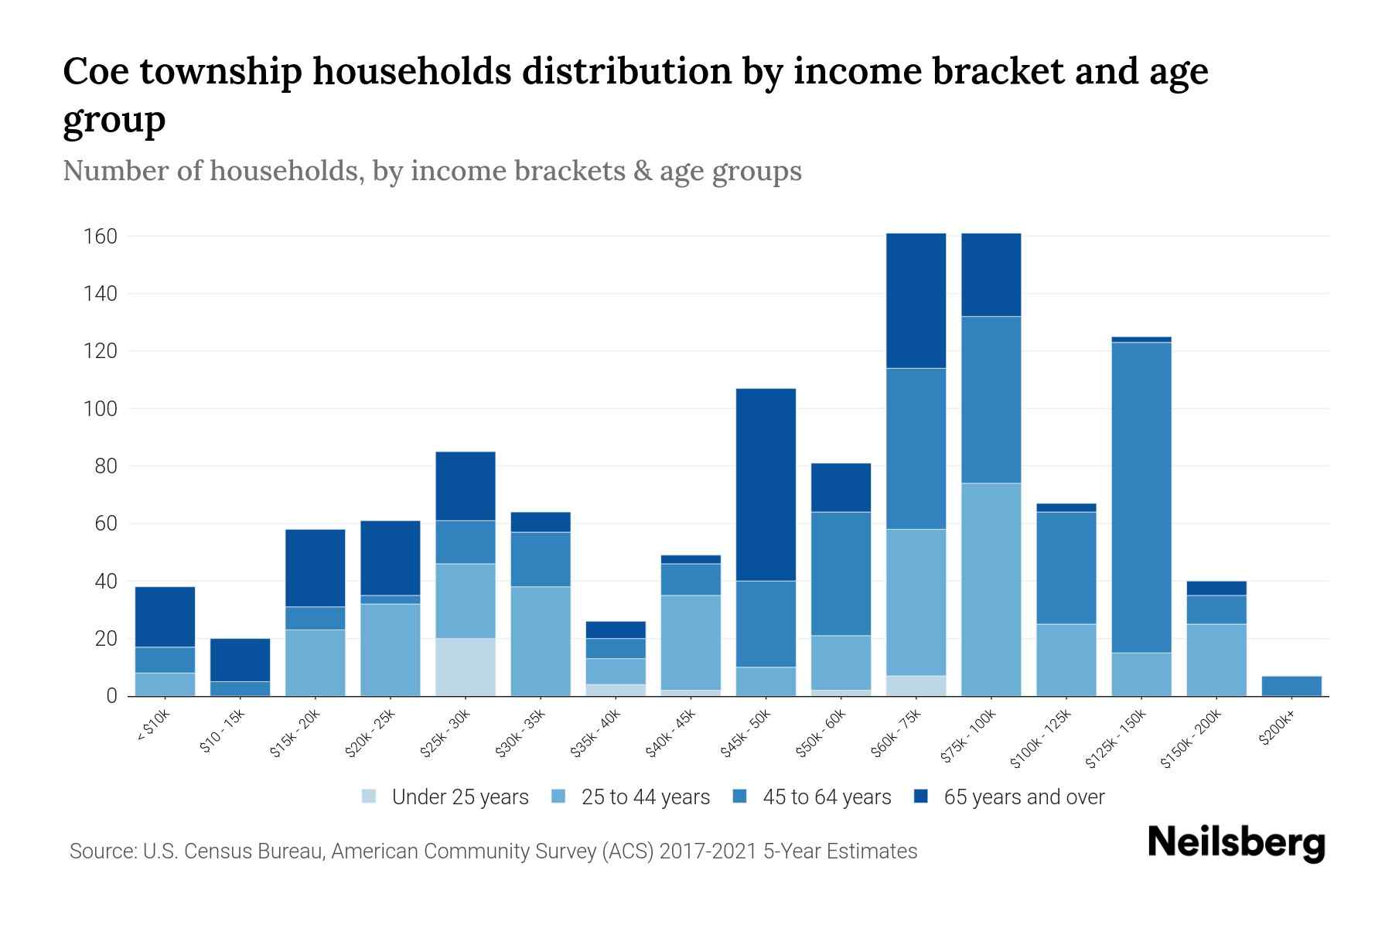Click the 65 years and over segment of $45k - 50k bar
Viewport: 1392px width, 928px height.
[766, 484]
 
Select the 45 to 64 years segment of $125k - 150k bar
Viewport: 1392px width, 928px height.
[1141, 497]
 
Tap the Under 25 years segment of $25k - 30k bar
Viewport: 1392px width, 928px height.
[466, 667]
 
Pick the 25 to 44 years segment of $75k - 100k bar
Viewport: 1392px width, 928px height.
[991, 589]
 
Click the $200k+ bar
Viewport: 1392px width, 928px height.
[1291, 686]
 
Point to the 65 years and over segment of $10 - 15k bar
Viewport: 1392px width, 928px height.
[240, 660]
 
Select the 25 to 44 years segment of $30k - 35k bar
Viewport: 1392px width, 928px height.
[541, 641]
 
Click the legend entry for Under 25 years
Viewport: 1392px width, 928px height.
[445, 797]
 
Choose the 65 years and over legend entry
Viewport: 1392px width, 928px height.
[1009, 797]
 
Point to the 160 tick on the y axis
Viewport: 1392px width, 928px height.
[101, 236]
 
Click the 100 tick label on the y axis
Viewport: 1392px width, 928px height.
[101, 408]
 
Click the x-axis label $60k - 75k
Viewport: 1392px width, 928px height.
[896, 734]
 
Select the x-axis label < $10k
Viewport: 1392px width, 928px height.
[153, 726]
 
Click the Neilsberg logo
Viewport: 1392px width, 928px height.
[1236, 843]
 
